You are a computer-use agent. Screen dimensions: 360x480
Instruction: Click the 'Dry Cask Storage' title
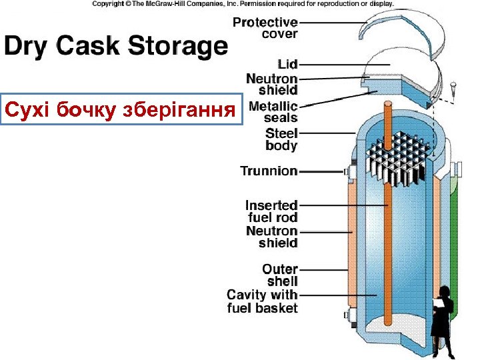116,47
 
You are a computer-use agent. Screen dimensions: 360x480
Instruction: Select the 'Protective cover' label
265,28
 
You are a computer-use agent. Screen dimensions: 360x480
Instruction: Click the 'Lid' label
287,64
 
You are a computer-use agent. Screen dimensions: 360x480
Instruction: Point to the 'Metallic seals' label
273,112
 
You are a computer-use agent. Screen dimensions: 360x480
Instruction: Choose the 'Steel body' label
281,139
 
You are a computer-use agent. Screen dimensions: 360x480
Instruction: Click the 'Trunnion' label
269,171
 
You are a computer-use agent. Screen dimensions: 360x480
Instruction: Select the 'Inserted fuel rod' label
271,211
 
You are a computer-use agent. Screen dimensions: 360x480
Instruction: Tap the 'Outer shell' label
279,275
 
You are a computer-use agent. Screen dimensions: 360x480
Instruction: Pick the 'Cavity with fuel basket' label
262,301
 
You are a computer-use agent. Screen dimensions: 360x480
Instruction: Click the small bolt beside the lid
453,87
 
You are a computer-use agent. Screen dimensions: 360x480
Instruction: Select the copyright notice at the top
243,4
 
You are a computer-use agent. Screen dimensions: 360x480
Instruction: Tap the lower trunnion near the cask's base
347,315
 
